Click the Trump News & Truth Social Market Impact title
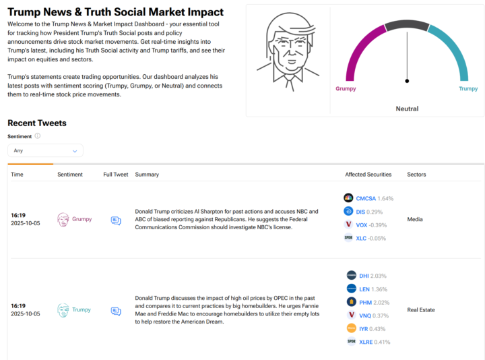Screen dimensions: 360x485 115,13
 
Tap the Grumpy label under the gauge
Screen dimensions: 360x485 346,88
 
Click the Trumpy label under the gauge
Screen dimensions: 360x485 468,88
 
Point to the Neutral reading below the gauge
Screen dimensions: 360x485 407,109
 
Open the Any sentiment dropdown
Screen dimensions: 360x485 45,150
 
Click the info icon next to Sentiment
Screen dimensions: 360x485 38,136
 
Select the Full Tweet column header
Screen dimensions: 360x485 116,175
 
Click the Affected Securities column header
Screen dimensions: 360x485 368,175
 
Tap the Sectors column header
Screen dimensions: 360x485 416,175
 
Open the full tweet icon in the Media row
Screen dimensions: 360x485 116,220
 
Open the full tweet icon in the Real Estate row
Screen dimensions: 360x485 116,311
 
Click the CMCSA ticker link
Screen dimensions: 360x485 365,198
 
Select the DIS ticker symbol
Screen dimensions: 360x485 360,212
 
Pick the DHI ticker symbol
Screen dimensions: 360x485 364,276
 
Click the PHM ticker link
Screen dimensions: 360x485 364,302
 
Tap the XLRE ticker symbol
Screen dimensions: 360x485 366,342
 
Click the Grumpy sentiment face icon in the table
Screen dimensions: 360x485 63,220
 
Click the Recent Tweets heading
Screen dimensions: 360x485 37,123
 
